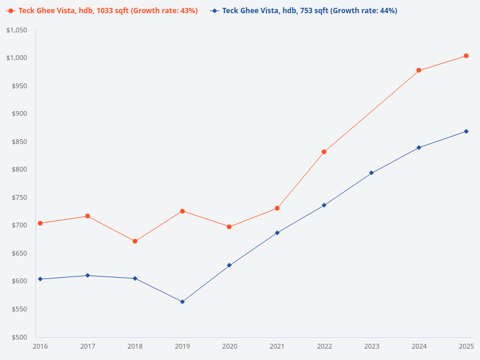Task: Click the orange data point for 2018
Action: pos(135,241)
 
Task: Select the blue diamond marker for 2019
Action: pos(182,302)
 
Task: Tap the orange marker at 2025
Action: pos(466,56)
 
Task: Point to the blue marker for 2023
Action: pos(371,173)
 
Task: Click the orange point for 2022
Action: pos(324,152)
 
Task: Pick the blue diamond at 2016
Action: pos(40,279)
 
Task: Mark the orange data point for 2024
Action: pos(419,70)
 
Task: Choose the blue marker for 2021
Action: pos(277,232)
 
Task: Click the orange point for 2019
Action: pos(182,211)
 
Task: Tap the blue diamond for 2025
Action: pos(466,131)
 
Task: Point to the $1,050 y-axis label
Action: pos(16,30)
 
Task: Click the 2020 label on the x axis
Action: pos(230,346)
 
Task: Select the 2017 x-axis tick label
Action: pos(88,346)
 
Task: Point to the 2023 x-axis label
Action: pos(371,346)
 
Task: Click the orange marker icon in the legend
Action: pos(11,11)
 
